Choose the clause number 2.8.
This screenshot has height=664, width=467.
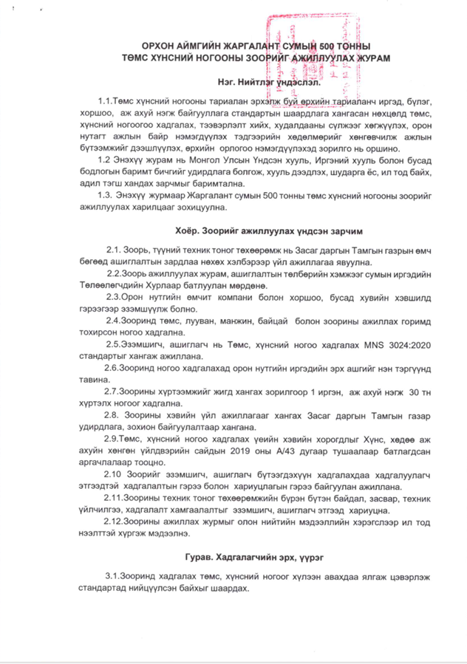116,415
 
